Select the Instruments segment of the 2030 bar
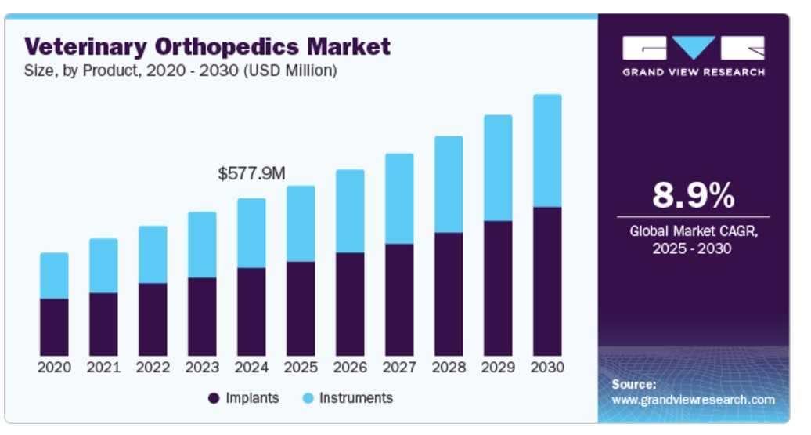tap(547, 150)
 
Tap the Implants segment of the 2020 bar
tap(54, 327)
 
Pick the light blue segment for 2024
tap(251, 233)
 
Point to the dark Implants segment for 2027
tap(399, 299)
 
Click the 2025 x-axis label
tap(301, 367)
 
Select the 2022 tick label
tap(153, 367)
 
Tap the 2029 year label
tap(498, 367)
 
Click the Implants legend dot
tap(214, 398)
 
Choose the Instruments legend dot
tap(308, 398)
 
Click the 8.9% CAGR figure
tap(693, 195)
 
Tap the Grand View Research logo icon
tap(693, 49)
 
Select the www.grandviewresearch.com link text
tap(693, 400)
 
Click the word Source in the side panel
tap(633, 385)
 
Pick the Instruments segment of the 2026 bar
tap(350, 211)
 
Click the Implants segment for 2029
tap(498, 288)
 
